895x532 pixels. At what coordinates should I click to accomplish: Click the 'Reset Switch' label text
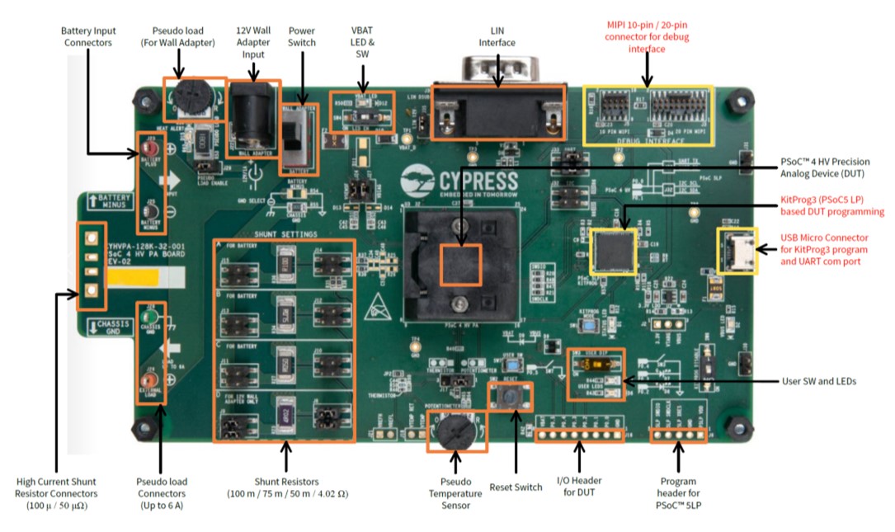[516, 487]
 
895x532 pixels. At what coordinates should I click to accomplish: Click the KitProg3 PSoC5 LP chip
[613, 251]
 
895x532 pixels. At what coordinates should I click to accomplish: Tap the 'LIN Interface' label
[497, 36]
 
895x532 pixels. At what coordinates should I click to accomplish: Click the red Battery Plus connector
[152, 153]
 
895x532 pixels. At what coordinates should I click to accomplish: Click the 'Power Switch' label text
[301, 36]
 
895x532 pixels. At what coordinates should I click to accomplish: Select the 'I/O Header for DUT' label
[579, 487]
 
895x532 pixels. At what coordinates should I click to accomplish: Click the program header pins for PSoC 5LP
[678, 431]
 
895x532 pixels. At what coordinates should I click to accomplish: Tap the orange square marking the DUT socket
[460, 265]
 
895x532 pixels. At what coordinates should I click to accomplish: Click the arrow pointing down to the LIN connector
[497, 70]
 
